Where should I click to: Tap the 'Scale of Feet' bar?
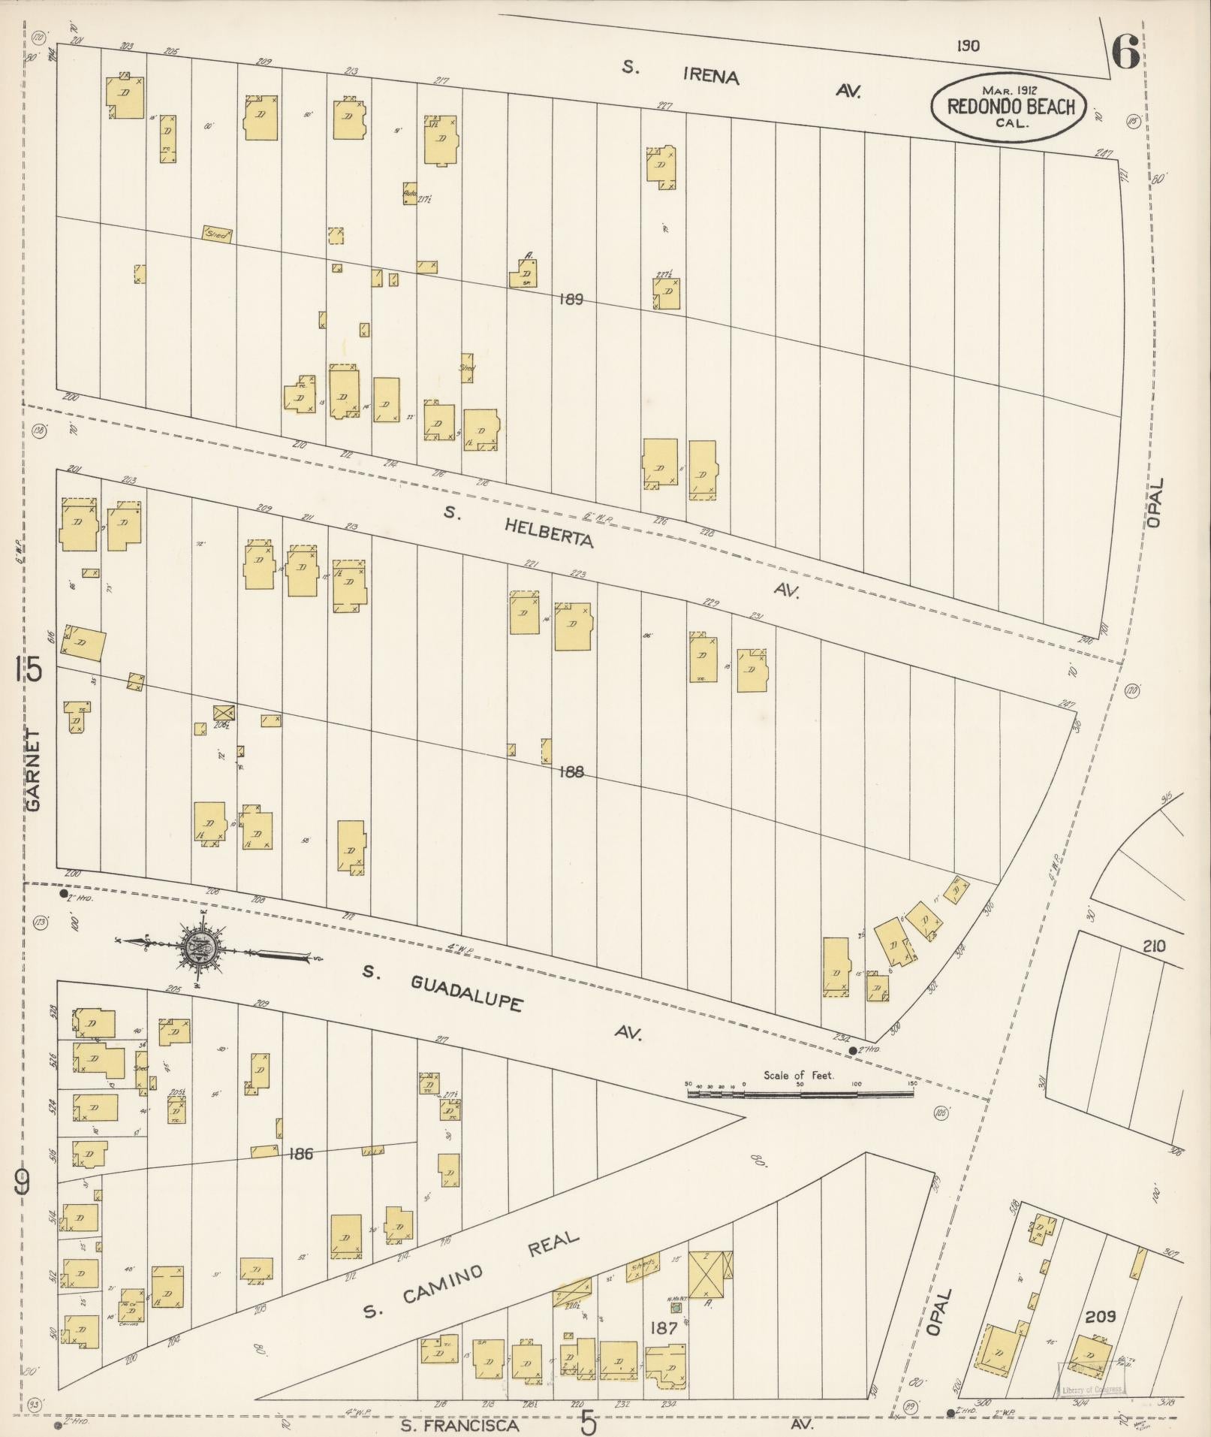point(800,1094)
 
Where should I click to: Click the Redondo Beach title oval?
point(1010,107)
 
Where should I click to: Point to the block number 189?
point(571,300)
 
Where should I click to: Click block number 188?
point(571,772)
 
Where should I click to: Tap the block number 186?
point(300,1153)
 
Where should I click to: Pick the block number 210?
point(1154,946)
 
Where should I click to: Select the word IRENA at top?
point(711,76)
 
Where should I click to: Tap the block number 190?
point(968,46)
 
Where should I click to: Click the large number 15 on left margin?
point(30,668)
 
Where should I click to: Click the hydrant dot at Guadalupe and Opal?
point(852,1050)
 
